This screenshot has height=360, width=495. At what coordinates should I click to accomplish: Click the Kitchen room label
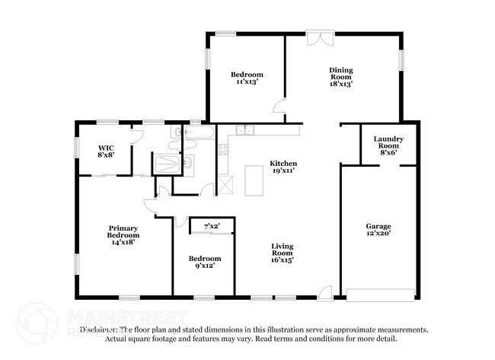(x=283, y=164)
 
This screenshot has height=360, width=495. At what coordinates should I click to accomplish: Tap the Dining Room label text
(x=340, y=75)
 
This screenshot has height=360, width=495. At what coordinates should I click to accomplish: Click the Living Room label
(x=283, y=251)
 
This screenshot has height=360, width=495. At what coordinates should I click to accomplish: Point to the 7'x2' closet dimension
(x=213, y=227)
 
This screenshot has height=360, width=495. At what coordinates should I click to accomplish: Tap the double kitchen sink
(x=244, y=131)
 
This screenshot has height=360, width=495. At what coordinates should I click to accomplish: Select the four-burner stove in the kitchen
(x=224, y=148)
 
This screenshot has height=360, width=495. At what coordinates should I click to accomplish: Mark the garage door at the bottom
(x=381, y=295)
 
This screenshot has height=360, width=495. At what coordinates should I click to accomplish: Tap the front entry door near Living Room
(x=325, y=291)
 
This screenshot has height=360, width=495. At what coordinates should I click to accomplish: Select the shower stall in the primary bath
(x=167, y=163)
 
